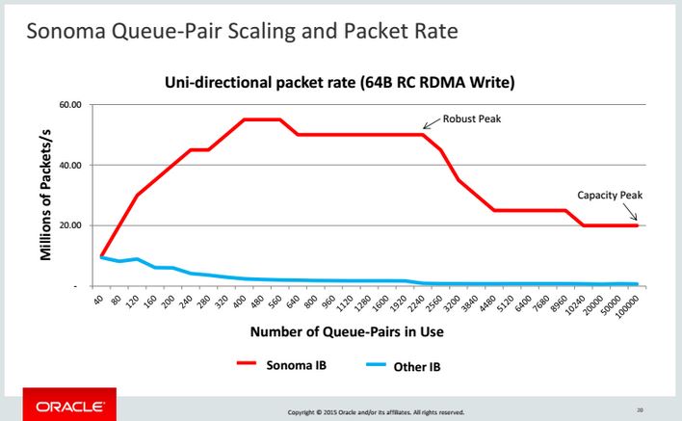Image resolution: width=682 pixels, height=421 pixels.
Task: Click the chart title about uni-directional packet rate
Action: click(340, 84)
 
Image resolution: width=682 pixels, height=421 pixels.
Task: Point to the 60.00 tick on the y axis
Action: click(70, 104)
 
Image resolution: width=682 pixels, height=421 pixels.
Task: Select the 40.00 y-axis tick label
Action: click(70, 165)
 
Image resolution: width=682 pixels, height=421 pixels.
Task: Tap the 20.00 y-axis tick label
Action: click(70, 225)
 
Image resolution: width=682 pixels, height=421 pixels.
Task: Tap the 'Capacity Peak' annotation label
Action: click(609, 195)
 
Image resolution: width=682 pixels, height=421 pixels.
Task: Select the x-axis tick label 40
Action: click(98, 301)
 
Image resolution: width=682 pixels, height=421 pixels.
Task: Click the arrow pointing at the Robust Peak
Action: click(431, 124)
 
